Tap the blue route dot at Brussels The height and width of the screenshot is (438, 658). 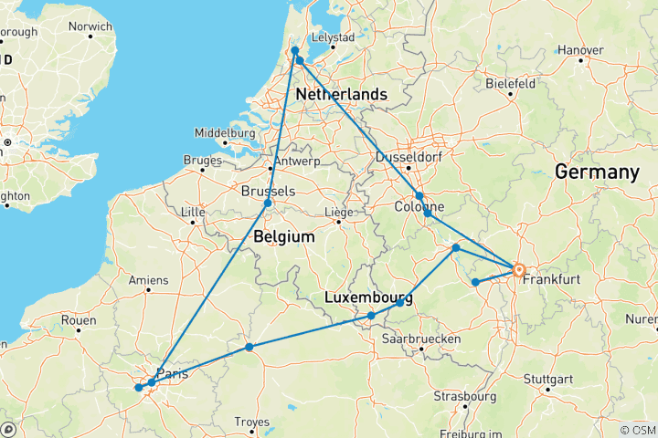pyautogui.click(x=268, y=203)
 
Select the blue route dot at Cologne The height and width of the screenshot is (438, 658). pyautogui.click(x=419, y=195)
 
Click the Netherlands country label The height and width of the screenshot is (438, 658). pyautogui.click(x=340, y=95)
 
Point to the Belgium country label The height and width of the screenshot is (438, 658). pyautogui.click(x=284, y=237)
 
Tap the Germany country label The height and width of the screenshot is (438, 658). pyautogui.click(x=599, y=172)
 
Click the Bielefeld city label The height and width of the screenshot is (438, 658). pyautogui.click(x=509, y=82)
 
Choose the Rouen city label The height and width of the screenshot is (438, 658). pyautogui.click(x=79, y=320)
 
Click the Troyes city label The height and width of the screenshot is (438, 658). pyautogui.click(x=253, y=421)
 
